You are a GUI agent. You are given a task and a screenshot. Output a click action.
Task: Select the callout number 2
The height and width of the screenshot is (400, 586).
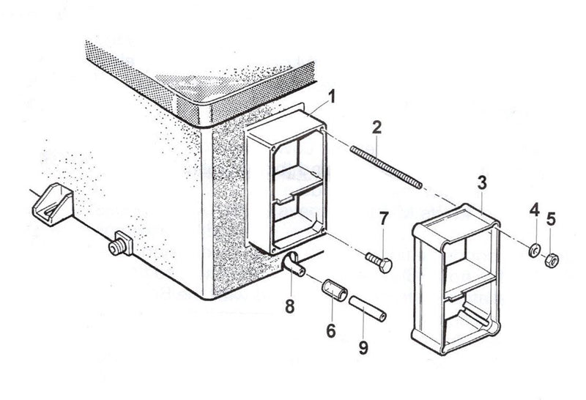[377, 127]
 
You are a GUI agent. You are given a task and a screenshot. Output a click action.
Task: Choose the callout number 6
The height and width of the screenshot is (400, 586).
[330, 332]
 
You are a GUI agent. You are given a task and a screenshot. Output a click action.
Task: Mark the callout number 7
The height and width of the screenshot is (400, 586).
[382, 218]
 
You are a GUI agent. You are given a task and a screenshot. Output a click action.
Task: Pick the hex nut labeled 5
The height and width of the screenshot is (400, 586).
[553, 259]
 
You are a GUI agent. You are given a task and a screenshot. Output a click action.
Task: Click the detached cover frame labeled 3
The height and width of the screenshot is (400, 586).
[456, 278]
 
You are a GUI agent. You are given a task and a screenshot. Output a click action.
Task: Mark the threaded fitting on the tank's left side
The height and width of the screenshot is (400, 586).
[119, 243]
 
